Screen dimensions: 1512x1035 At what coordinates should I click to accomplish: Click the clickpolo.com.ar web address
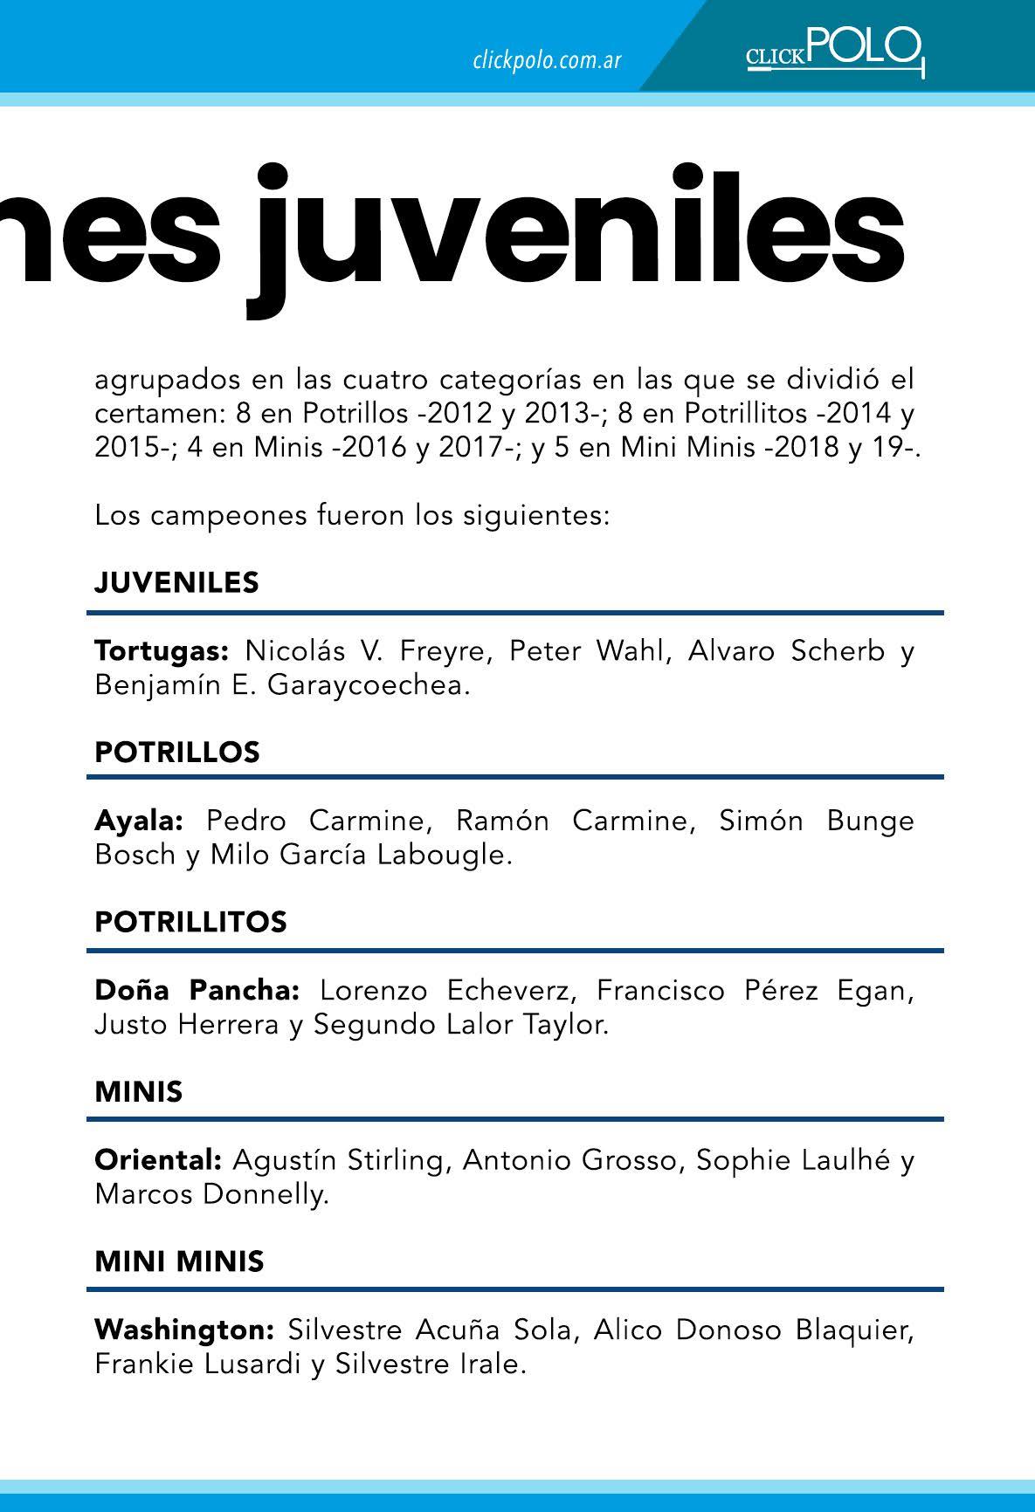(x=547, y=60)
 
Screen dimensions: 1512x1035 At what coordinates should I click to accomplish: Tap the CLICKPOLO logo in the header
(x=834, y=51)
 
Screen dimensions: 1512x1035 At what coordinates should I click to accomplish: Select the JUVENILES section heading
(x=176, y=582)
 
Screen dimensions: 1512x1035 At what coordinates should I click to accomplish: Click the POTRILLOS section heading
(x=176, y=752)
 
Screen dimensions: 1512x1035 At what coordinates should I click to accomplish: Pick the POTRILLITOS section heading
(x=190, y=922)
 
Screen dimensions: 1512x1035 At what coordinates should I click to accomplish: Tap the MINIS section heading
(x=139, y=1091)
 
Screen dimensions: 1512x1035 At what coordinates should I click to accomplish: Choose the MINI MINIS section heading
(x=179, y=1261)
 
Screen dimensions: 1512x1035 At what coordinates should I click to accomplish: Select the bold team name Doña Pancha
(x=197, y=991)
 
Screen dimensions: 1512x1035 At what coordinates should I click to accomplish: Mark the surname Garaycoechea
(x=369, y=685)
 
